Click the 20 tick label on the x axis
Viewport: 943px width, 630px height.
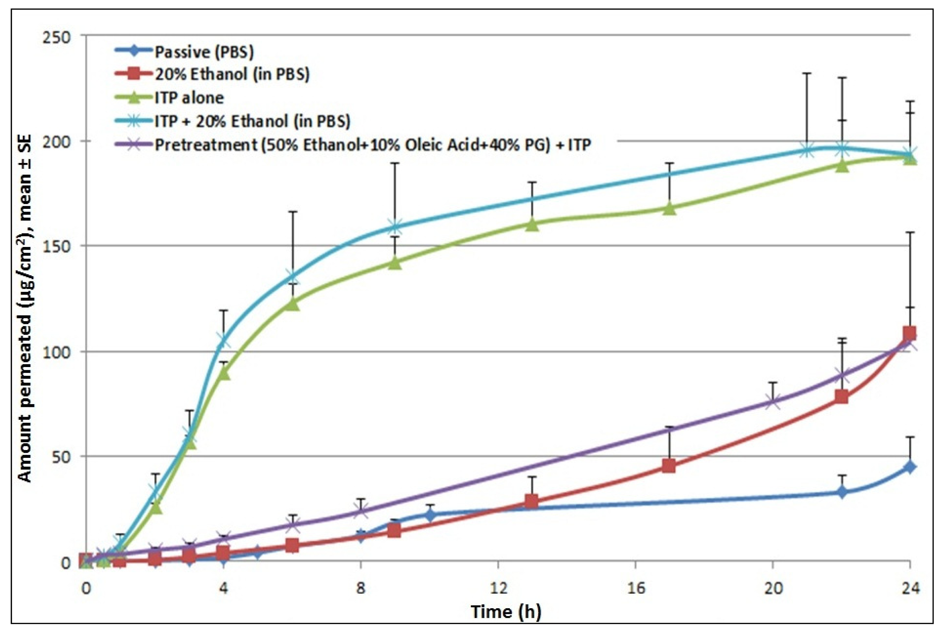(773, 588)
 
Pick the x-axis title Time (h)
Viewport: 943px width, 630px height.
(506, 612)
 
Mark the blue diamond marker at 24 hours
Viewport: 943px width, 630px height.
(910, 467)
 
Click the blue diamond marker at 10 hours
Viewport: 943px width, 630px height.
(430, 514)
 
